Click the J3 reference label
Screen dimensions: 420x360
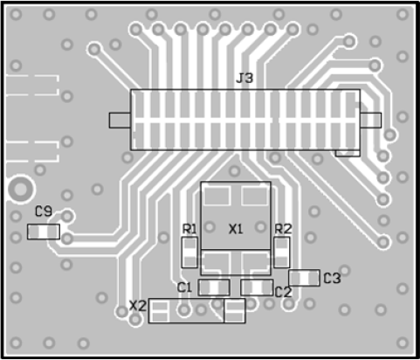(x=244, y=78)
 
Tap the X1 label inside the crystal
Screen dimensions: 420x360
(x=236, y=229)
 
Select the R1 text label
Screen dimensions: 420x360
(x=189, y=229)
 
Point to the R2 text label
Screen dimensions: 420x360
(x=283, y=229)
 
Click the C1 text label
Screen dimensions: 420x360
(x=184, y=287)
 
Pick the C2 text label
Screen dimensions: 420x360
(x=283, y=292)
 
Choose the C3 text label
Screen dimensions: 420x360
(x=332, y=279)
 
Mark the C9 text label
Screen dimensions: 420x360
(x=44, y=211)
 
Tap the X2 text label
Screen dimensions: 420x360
(x=138, y=306)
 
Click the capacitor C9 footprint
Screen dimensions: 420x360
(x=44, y=232)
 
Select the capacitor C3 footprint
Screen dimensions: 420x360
(x=304, y=278)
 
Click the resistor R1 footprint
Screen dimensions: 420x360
(x=189, y=253)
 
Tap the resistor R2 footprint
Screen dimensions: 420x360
(x=282, y=253)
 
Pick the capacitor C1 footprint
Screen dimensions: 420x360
(x=214, y=287)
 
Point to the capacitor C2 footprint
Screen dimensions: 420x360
(x=257, y=287)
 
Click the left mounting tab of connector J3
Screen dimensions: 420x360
(x=120, y=121)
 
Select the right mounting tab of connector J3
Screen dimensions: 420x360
(x=371, y=121)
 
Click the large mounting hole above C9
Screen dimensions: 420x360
(x=20, y=190)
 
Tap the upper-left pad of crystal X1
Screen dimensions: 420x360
(x=217, y=196)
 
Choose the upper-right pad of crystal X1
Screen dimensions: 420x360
(x=255, y=196)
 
